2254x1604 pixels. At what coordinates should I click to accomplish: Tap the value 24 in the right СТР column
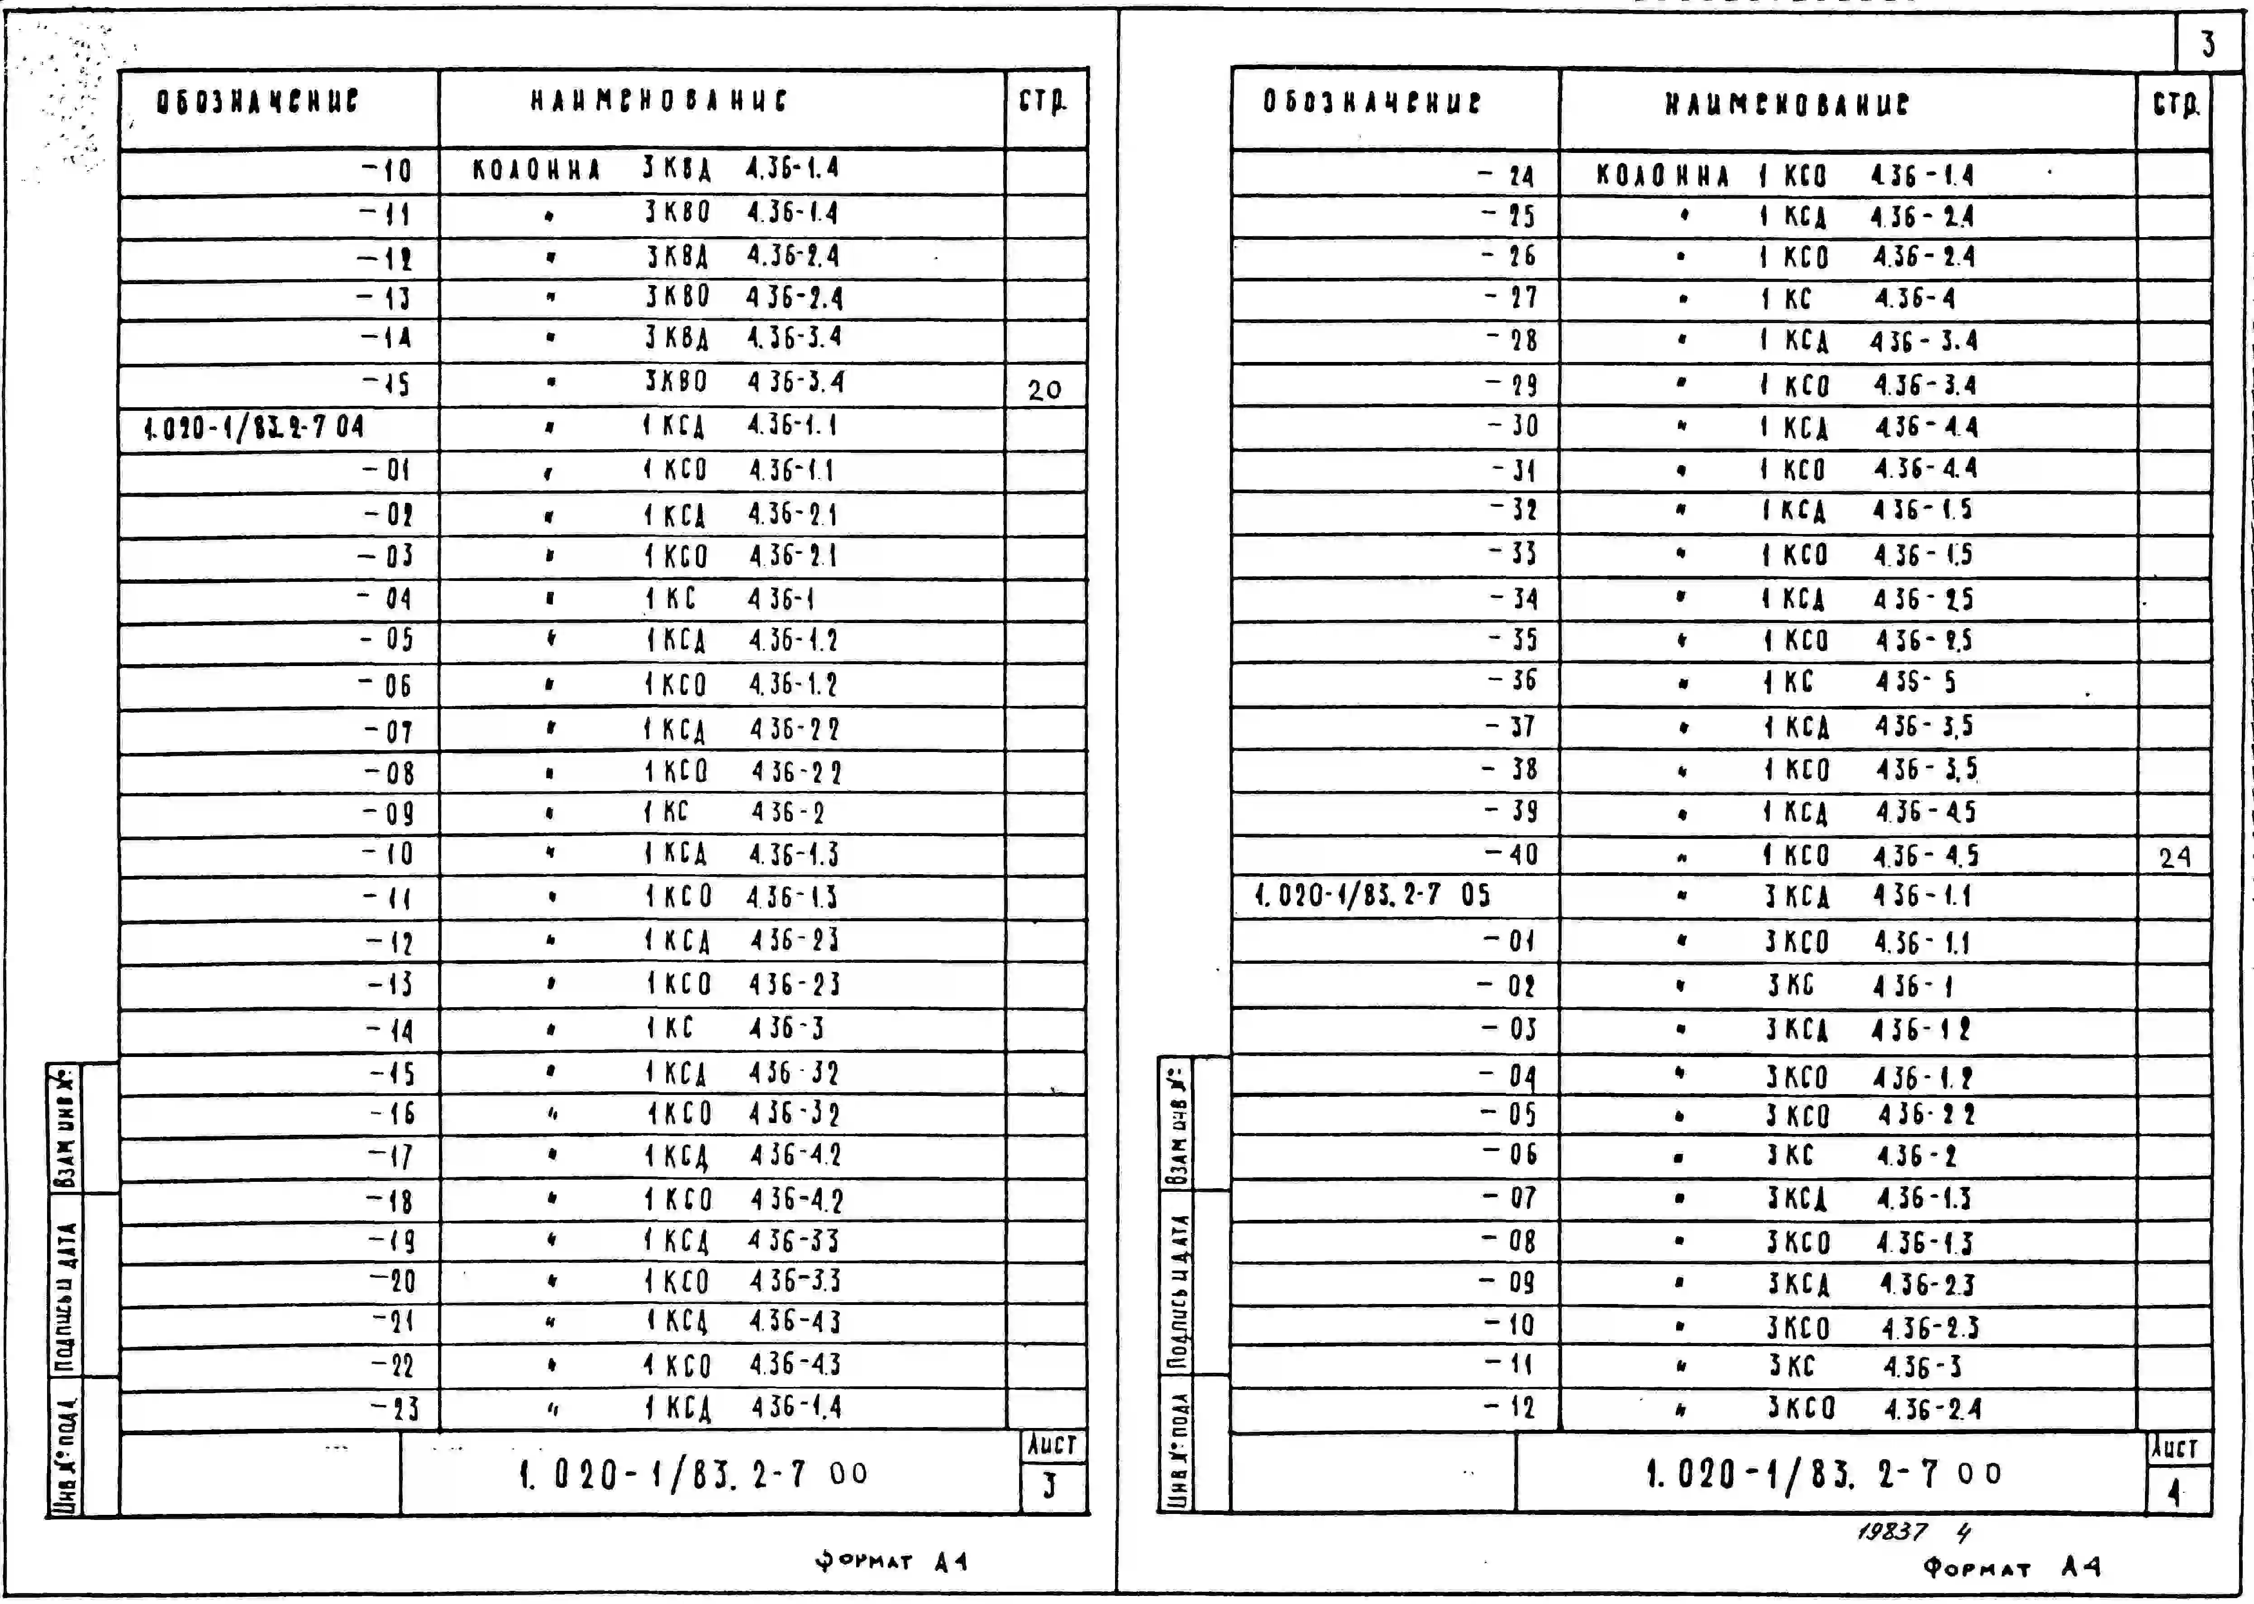click(2174, 857)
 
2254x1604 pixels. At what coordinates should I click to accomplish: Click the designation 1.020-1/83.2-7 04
click(254, 428)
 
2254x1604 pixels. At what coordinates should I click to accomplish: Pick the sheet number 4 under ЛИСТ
click(2174, 1491)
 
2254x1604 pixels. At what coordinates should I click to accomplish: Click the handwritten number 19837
click(1892, 1532)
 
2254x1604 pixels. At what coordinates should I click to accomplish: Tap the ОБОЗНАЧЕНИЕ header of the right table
click(1372, 103)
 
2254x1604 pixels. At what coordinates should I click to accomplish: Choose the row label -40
click(1511, 854)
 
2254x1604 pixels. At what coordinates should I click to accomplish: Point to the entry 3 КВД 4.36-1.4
click(741, 169)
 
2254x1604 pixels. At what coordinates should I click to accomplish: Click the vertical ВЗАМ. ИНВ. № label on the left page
click(64, 1128)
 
